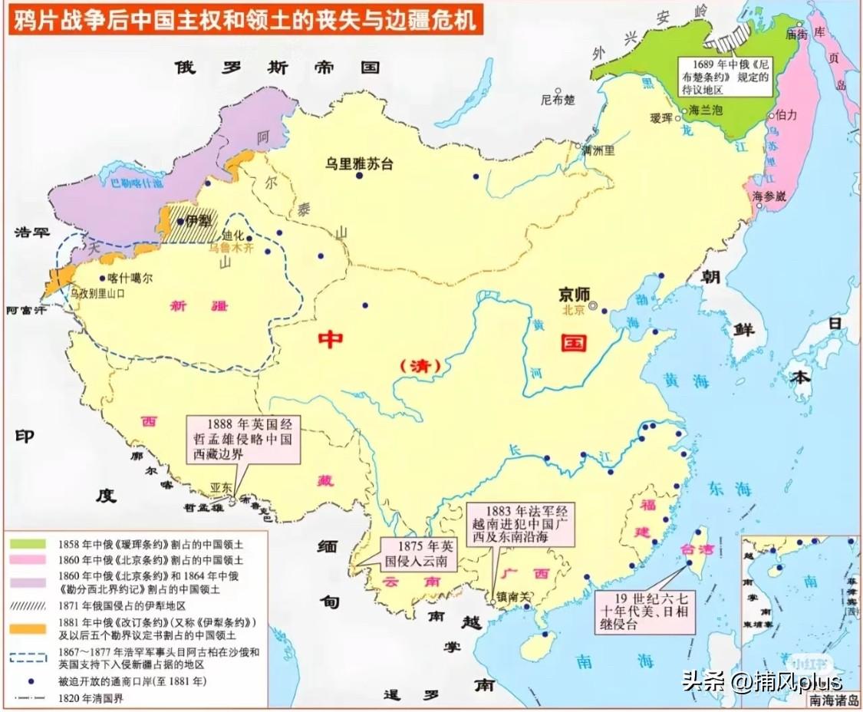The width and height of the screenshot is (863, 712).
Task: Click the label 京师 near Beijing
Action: [576, 294]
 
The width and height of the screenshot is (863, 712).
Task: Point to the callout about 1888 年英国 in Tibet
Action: [244, 440]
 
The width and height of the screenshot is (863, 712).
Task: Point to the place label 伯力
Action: [786, 115]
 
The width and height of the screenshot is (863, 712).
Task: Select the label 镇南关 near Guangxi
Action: [513, 595]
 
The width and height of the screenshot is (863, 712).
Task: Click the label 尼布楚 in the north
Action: [558, 99]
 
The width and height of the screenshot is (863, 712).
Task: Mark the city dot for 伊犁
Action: [180, 221]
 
